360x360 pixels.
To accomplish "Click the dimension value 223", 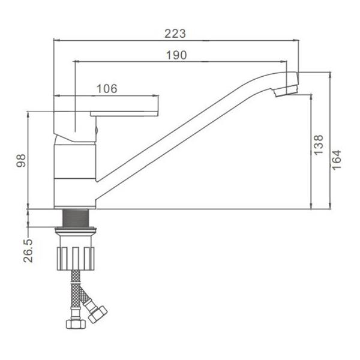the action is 175,34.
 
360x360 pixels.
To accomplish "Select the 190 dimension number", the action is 176,55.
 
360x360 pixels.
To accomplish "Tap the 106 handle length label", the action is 107,89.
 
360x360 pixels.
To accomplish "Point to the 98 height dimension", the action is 21,160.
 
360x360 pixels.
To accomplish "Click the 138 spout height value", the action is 319,145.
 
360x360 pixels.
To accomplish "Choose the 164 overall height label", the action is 337,160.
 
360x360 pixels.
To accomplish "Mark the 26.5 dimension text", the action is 28,250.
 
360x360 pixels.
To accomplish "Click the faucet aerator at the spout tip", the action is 286,90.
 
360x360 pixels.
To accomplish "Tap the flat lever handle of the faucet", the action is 124,113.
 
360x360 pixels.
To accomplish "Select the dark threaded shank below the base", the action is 76,218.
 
